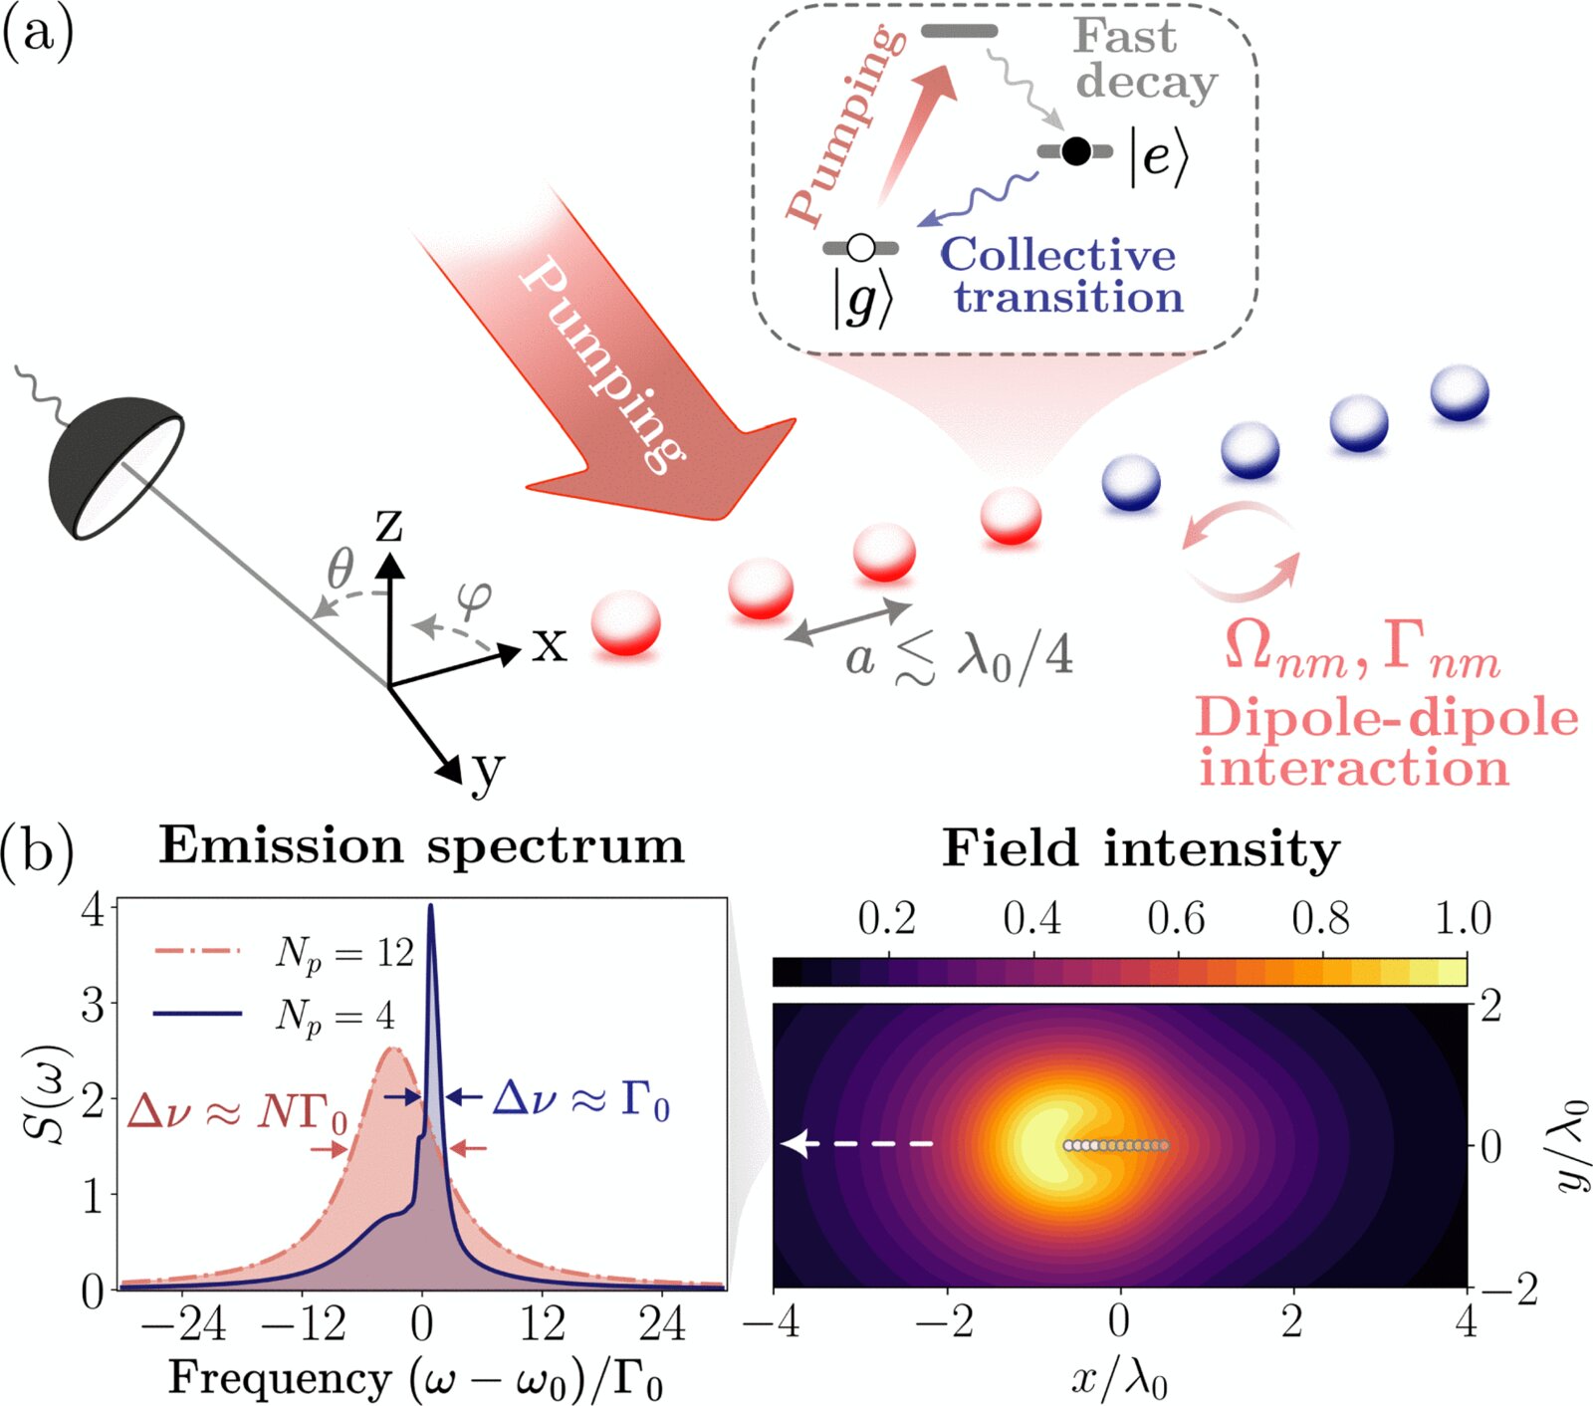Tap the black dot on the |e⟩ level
tap(1075, 151)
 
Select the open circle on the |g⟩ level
tap(860, 247)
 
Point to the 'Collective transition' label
tap(1061, 276)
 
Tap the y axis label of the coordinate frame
tap(487, 770)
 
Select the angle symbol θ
tap(341, 571)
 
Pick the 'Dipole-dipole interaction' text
tap(1384, 743)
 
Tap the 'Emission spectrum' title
tap(422, 846)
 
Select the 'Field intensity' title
tap(1141, 849)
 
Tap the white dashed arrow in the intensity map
tap(856, 1145)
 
